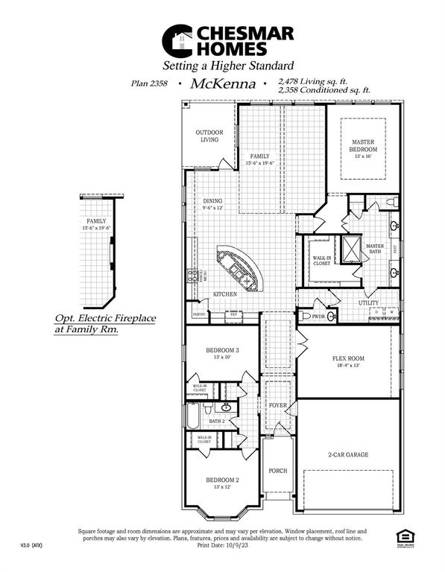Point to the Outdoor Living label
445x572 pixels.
(209, 136)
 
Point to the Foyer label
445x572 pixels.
(277, 405)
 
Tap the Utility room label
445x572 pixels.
(368, 303)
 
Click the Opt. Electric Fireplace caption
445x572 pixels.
(105, 322)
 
